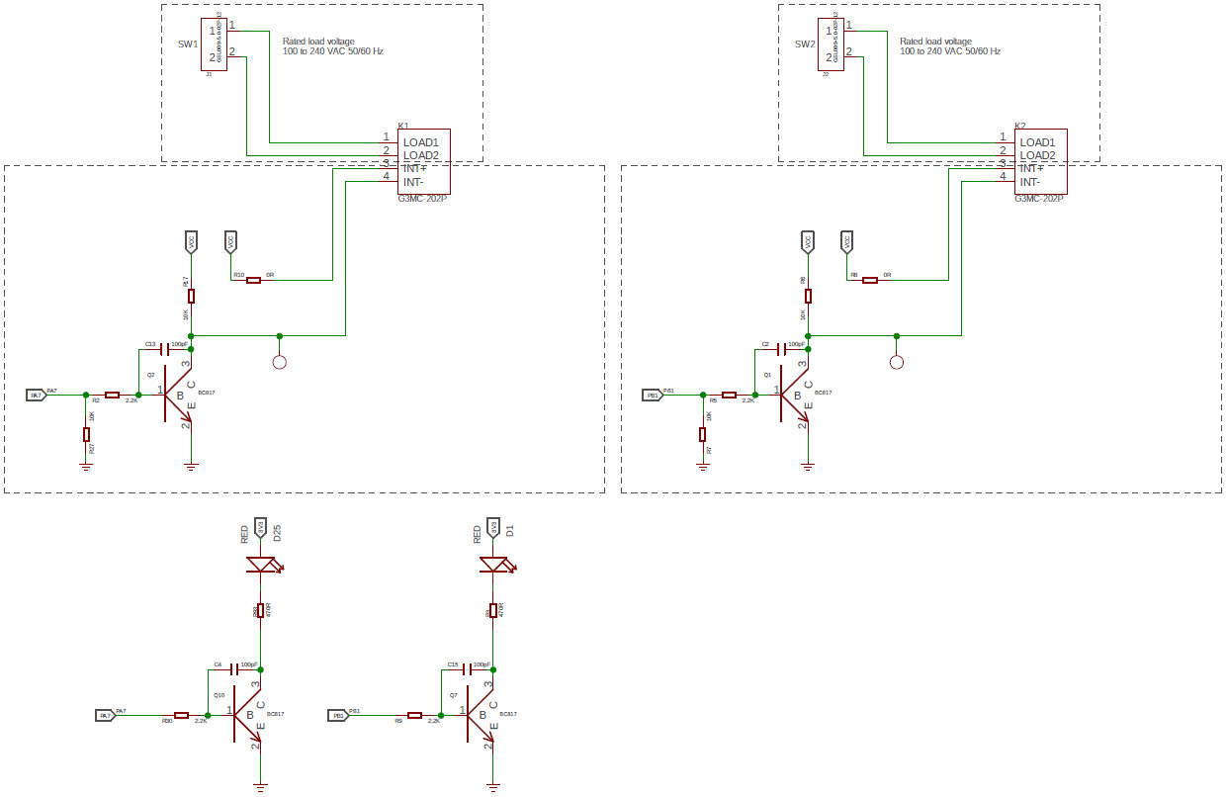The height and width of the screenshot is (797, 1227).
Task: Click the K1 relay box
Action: (x=424, y=161)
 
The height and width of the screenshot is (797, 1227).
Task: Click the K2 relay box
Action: (x=1041, y=161)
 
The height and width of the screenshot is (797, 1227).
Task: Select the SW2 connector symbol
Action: (x=833, y=44)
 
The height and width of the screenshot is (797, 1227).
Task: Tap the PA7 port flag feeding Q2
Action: (x=36, y=395)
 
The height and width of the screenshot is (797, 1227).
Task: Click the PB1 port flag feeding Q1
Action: (x=653, y=395)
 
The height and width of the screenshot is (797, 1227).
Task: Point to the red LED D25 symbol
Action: (x=260, y=566)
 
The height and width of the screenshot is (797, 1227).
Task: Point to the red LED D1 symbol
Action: (x=492, y=565)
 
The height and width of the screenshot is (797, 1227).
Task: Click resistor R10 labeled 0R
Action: (x=253, y=280)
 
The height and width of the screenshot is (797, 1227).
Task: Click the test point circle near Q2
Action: (x=280, y=362)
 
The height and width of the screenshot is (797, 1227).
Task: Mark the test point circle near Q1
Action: (x=897, y=362)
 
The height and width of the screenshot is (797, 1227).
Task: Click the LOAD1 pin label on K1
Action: (x=421, y=142)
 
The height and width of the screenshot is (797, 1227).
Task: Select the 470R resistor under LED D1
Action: (x=492, y=611)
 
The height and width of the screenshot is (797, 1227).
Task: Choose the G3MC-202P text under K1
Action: (x=422, y=199)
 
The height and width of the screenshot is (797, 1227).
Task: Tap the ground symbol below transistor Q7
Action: (x=492, y=787)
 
